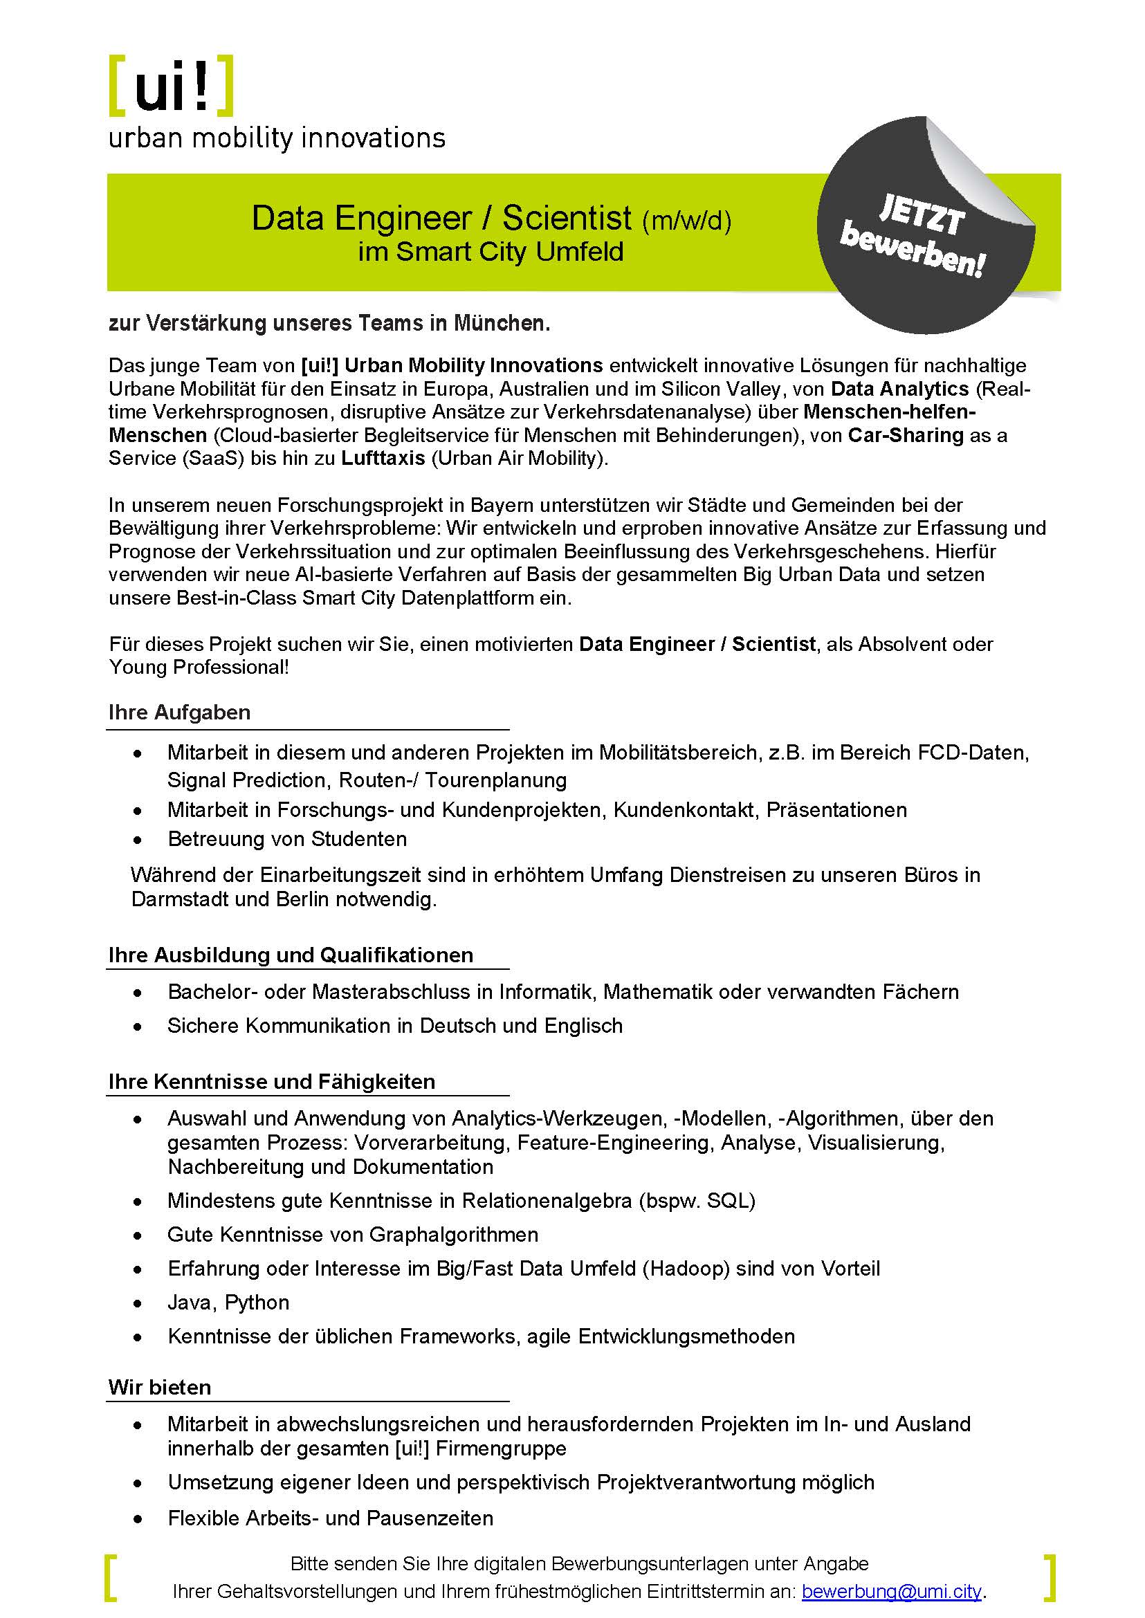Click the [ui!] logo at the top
click(x=172, y=85)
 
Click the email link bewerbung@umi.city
click(x=891, y=1591)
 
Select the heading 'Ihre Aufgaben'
click(x=179, y=712)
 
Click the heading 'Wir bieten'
click(x=160, y=1387)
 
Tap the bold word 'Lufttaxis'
click(x=383, y=458)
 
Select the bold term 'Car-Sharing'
click(x=906, y=435)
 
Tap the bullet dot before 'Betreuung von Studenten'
click(x=138, y=840)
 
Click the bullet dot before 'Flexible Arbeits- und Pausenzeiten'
click(x=138, y=1519)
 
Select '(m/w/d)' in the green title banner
click(x=686, y=221)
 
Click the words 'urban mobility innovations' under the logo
click(x=276, y=138)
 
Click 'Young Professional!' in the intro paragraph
click(x=199, y=667)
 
